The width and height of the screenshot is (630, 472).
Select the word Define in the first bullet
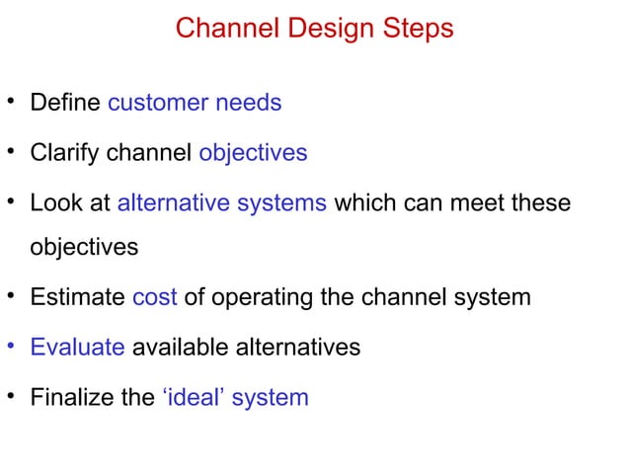tap(65, 103)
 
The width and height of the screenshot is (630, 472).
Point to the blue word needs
tap(249, 103)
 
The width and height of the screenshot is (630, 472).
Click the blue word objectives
tap(253, 154)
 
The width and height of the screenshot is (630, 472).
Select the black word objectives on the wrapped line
tap(84, 247)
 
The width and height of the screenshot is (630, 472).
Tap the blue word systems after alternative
tap(280, 204)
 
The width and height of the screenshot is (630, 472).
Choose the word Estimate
tap(77, 296)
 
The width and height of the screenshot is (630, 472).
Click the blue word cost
tap(154, 296)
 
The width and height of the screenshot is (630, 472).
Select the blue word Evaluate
tap(77, 347)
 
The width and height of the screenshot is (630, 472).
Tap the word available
tap(173, 347)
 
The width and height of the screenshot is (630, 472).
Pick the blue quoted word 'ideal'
tap(193, 398)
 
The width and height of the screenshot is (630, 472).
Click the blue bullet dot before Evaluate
tap(12, 346)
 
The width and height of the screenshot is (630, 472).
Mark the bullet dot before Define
tap(12, 102)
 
